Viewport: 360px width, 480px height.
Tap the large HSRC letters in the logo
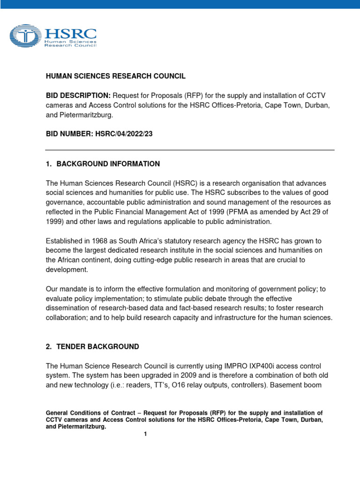pyautogui.click(x=70, y=34)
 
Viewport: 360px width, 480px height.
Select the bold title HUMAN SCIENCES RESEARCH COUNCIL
pyautogui.click(x=115, y=76)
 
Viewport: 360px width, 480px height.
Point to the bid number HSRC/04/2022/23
pyautogui.click(x=124, y=134)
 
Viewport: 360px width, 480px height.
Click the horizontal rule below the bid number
pyautogui.click(x=189, y=150)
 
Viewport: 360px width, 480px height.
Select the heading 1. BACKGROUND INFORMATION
pyautogui.click(x=103, y=164)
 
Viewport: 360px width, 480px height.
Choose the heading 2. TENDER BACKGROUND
pyautogui.click(x=92, y=347)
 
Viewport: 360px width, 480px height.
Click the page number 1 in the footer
pyautogui.click(x=146, y=434)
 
